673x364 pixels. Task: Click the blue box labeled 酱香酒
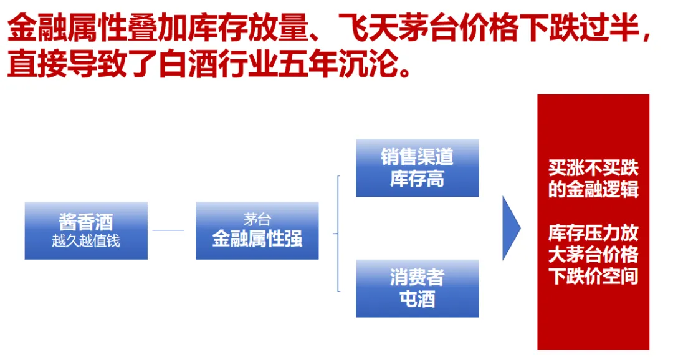pos(86,230)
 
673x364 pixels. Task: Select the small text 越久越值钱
pos(86,241)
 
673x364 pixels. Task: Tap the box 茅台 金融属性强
pos(257,230)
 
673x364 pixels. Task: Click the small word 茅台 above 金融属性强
pos(257,219)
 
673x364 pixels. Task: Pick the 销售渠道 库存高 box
pos(417,167)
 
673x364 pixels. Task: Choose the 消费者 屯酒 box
pos(417,288)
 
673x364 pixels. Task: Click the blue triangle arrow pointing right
pos(510,228)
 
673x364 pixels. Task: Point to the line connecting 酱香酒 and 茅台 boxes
pos(168,230)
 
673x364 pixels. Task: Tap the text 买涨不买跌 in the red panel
pos(593,168)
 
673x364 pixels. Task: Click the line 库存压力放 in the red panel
pos(593,233)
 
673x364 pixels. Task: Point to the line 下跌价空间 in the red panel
pos(593,276)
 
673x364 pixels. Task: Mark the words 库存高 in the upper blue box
pos(417,179)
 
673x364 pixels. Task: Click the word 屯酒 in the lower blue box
pos(417,299)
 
